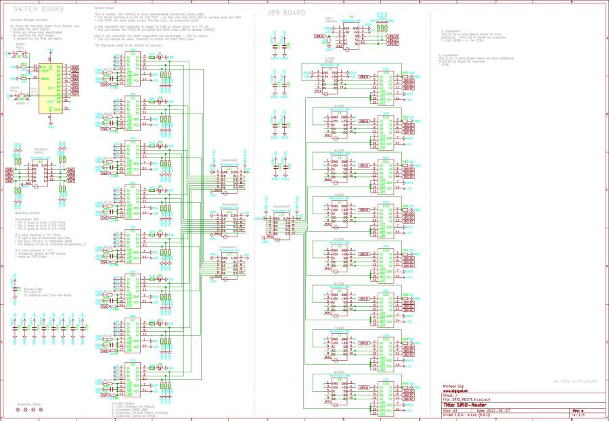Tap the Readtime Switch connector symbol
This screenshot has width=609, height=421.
pyautogui.click(x=40, y=174)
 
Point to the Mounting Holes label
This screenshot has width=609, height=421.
pyautogui.click(x=28, y=404)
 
